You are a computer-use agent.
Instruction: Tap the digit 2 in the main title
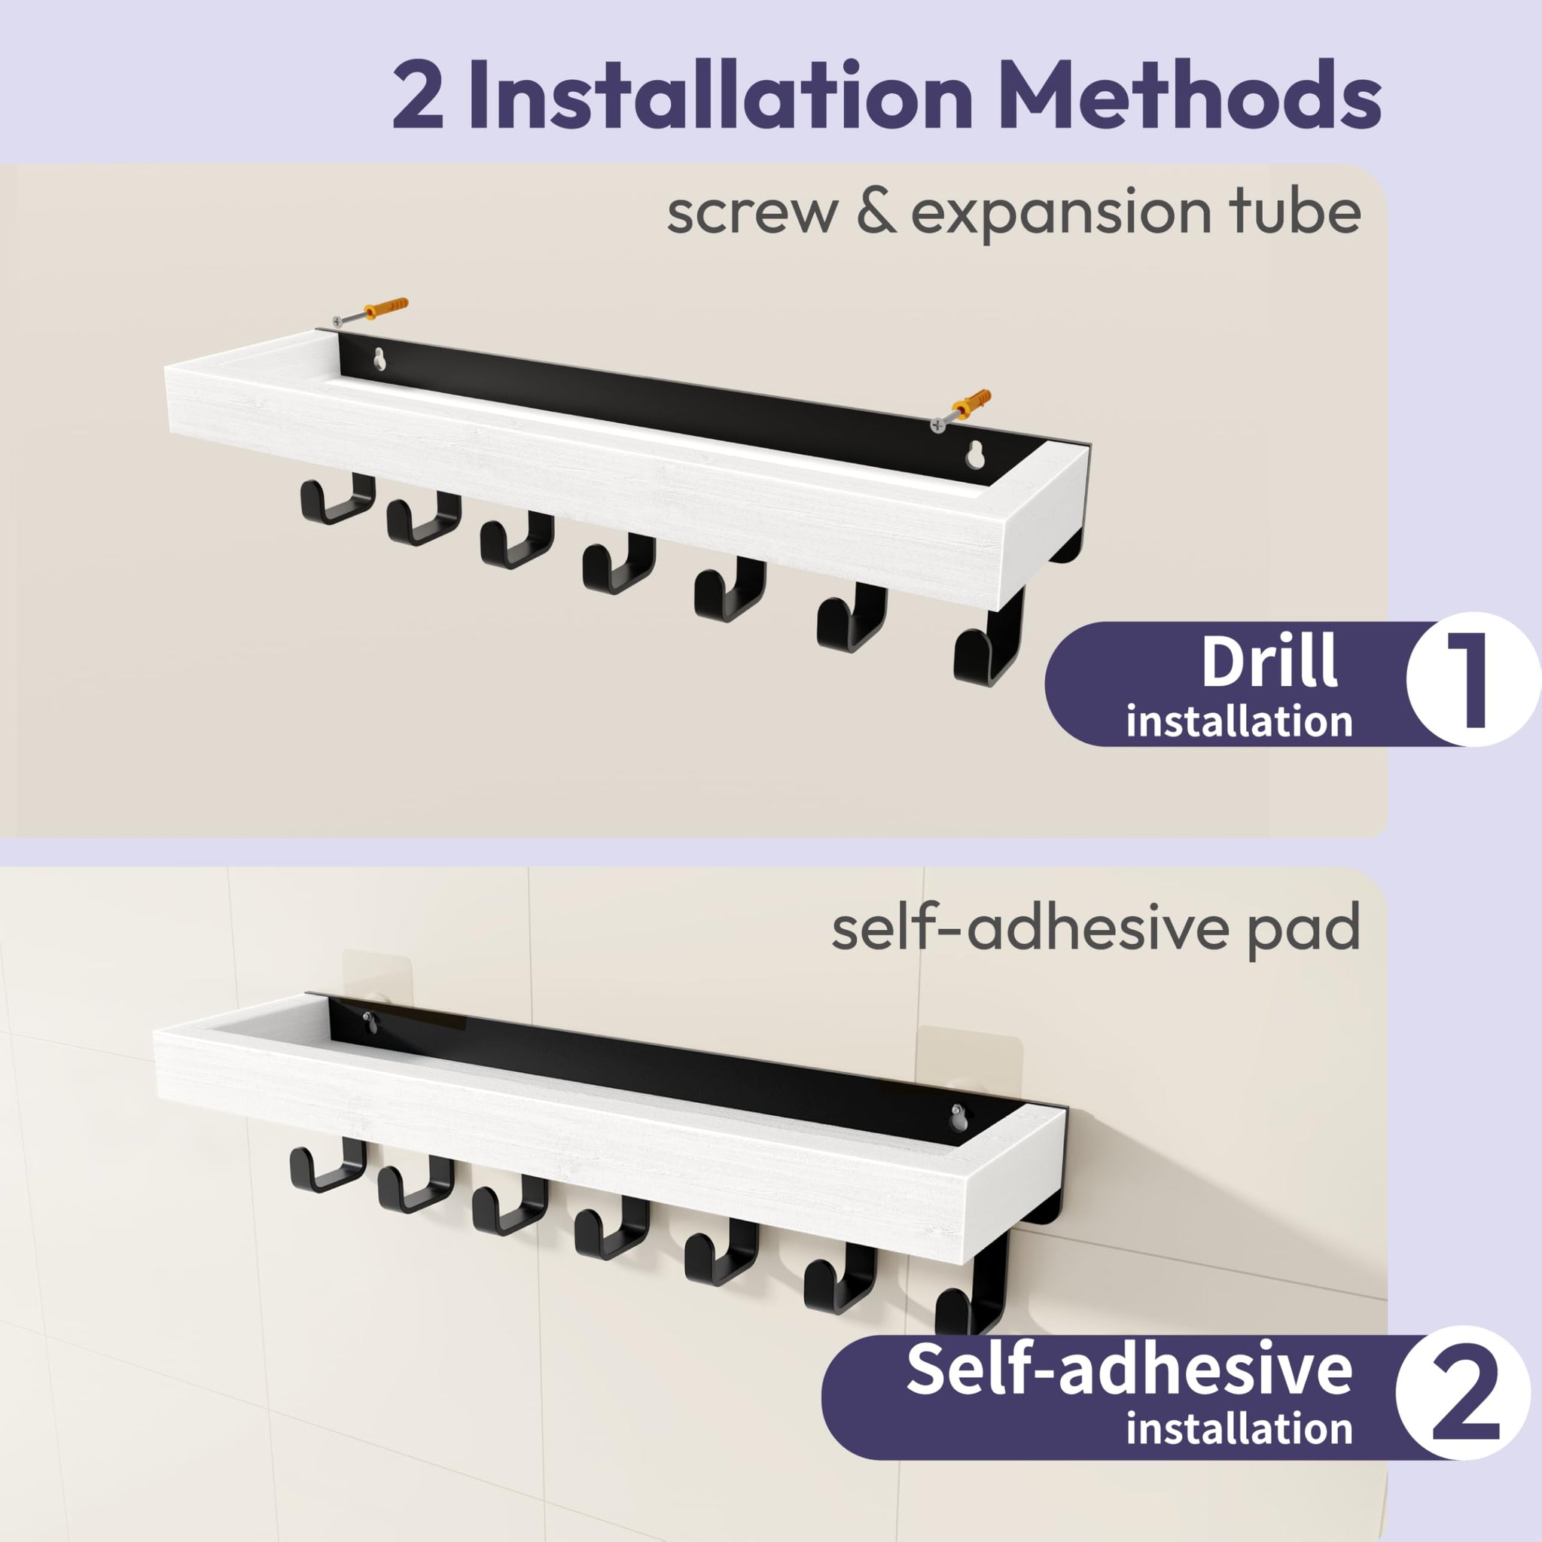417,96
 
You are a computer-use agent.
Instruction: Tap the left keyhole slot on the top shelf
380,360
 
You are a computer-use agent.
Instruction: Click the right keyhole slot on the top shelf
974,456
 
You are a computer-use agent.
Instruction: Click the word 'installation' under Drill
1239,721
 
